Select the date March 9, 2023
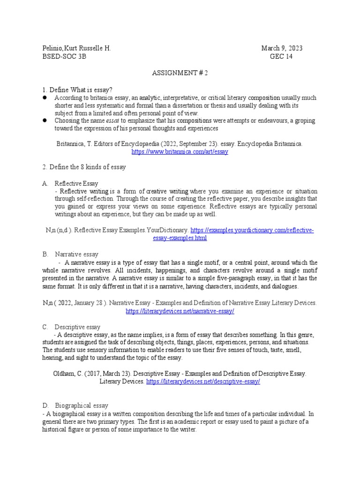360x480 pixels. click(x=282, y=49)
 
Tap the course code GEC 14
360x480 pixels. click(x=281, y=57)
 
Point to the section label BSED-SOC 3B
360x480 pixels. click(x=64, y=57)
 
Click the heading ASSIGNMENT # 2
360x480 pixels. click(x=180, y=73)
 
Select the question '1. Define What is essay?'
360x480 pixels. click(x=77, y=90)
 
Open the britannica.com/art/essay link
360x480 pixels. click(x=180, y=152)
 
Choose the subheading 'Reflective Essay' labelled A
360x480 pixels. click(x=76, y=183)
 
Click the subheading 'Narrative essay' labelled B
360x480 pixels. click(x=77, y=254)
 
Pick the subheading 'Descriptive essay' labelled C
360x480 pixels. click(x=77, y=326)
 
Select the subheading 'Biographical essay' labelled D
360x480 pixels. click(x=82, y=405)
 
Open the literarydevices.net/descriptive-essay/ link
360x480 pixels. click(x=203, y=382)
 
